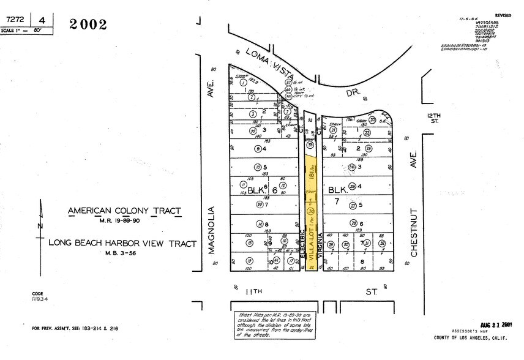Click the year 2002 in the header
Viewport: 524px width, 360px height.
tap(88, 24)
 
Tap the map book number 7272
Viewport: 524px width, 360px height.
tap(12, 19)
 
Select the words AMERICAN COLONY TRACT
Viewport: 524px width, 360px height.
tap(124, 211)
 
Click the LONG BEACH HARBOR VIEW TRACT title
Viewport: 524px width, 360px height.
tap(122, 244)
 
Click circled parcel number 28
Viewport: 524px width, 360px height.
tap(353, 224)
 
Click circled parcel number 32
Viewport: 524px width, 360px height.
tap(382, 244)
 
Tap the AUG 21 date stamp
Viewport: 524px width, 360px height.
tap(496, 325)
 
